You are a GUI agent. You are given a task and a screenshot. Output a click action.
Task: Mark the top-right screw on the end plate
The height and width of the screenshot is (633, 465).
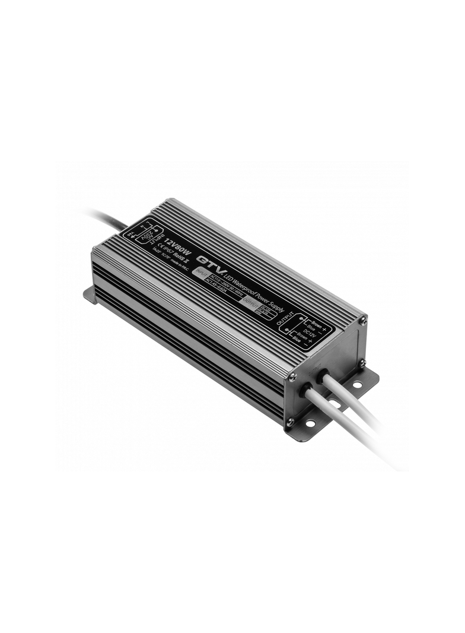coord(363,321)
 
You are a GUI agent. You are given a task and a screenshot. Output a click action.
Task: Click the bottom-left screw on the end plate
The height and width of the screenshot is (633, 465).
coord(290,422)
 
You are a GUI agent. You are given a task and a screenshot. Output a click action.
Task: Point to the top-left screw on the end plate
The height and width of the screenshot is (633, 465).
coord(292,375)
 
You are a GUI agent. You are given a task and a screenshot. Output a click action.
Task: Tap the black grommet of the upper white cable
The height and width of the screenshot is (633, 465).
coord(324,376)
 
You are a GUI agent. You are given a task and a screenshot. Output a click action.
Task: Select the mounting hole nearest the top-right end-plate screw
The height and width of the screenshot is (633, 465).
coord(357,384)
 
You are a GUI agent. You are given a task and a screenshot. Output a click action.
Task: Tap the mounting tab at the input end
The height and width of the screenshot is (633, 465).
coord(90,293)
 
